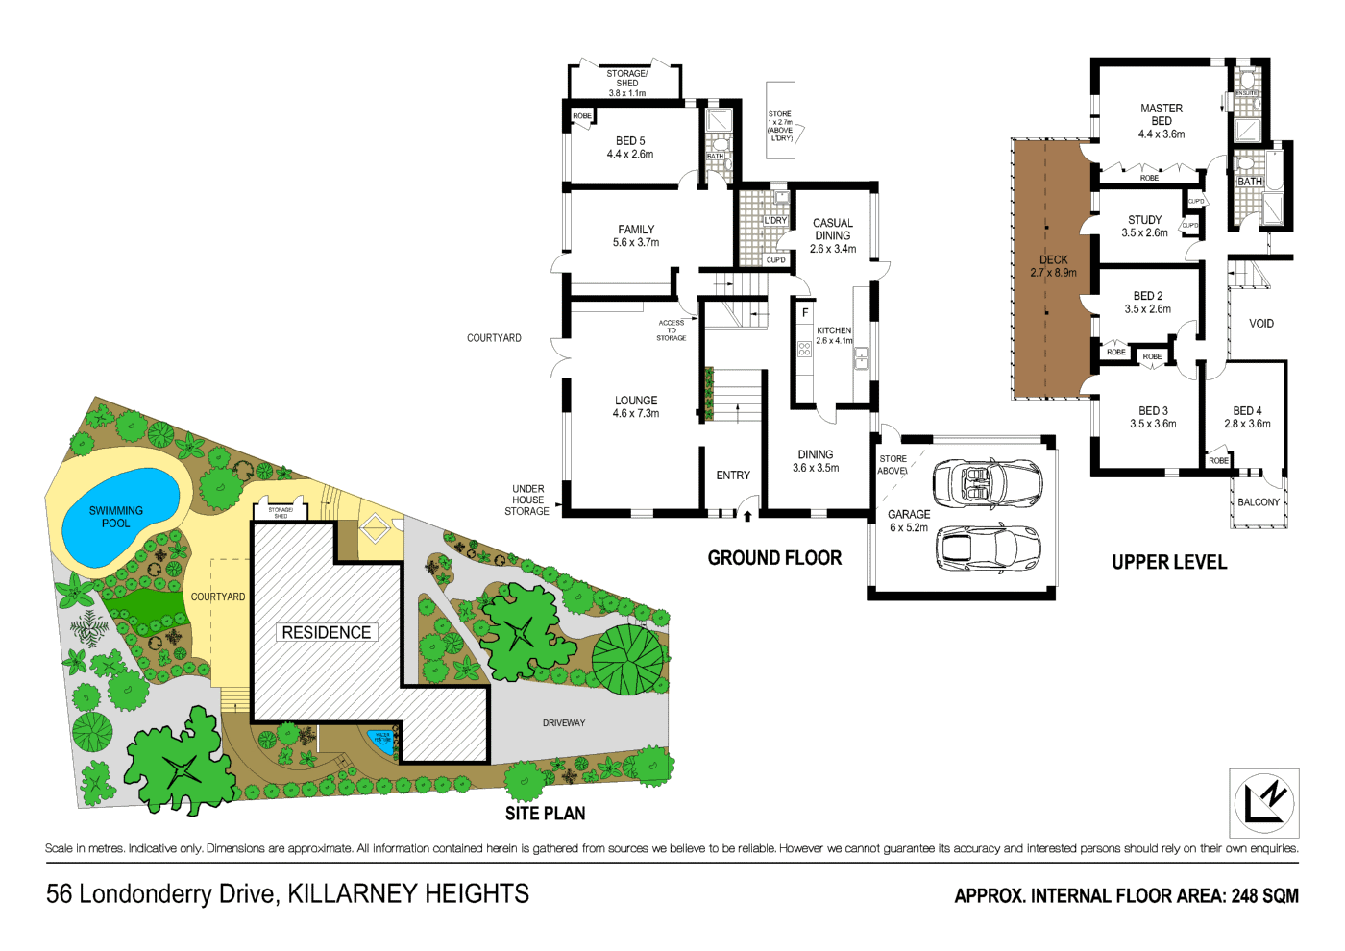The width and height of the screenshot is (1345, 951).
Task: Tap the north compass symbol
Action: point(1264,802)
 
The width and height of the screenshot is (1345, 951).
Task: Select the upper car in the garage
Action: point(988,482)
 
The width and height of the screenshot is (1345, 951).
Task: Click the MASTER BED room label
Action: point(1161,121)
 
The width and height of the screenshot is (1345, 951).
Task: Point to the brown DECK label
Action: point(1053,266)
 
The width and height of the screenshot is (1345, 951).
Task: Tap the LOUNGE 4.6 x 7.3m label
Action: point(636,407)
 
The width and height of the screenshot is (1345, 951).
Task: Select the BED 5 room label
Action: point(630,147)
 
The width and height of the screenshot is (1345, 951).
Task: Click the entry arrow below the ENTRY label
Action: point(747,516)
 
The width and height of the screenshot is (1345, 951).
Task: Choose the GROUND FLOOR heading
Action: point(774,558)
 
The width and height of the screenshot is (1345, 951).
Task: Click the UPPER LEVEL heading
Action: point(1169,562)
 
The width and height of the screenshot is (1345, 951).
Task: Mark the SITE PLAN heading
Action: point(545,814)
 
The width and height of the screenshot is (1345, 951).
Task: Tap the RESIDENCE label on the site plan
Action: point(327,632)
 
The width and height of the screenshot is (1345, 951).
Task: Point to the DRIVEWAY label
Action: point(564,723)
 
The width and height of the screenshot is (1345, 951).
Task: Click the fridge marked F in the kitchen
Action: point(805,313)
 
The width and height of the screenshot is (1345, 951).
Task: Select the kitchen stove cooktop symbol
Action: point(804,350)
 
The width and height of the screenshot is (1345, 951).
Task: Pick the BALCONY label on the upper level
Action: point(1259,502)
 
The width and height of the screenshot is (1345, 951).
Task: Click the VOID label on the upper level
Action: point(1261,324)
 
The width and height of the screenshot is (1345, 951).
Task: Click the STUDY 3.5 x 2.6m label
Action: point(1144,226)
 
